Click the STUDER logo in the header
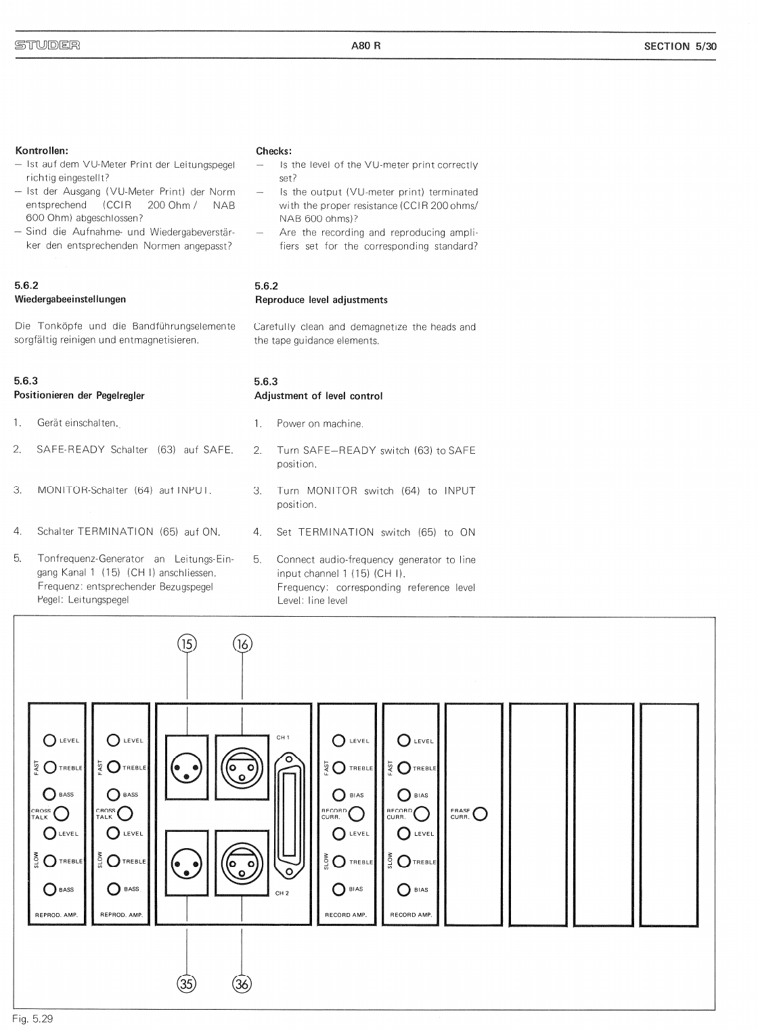[x=47, y=46]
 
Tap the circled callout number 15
[x=187, y=644]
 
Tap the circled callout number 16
[x=242, y=644]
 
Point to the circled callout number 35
[x=187, y=983]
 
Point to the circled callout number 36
[x=242, y=983]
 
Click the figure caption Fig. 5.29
[x=32, y=1019]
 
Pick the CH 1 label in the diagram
[x=283, y=737]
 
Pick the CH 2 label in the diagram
[x=282, y=893]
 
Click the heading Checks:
[x=273, y=151]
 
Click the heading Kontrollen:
[x=41, y=150]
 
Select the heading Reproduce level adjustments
[x=321, y=300]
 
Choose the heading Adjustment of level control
[x=318, y=396]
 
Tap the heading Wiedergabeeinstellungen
[x=70, y=299]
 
